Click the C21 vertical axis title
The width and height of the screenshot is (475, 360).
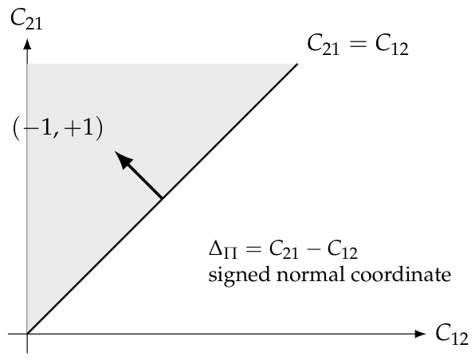click(x=26, y=20)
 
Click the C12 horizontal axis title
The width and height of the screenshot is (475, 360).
click(x=452, y=335)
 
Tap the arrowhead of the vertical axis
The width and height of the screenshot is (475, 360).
click(x=27, y=45)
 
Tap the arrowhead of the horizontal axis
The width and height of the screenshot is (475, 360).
click(x=420, y=334)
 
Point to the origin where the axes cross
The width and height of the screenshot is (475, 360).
click(x=27, y=334)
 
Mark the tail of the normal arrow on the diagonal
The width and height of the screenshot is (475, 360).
click(x=162, y=198)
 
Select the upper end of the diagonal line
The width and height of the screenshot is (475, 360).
click(x=297, y=64)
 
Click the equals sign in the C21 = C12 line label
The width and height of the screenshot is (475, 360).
click(x=358, y=45)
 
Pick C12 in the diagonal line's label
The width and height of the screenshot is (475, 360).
click(x=391, y=45)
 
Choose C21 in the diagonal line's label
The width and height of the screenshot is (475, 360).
click(x=324, y=45)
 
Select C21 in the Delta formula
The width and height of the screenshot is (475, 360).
click(x=284, y=251)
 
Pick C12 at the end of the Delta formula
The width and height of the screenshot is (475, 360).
click(x=343, y=251)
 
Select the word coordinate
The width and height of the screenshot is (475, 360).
click(x=401, y=274)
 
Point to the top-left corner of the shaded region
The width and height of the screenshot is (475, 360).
click(x=28, y=64)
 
